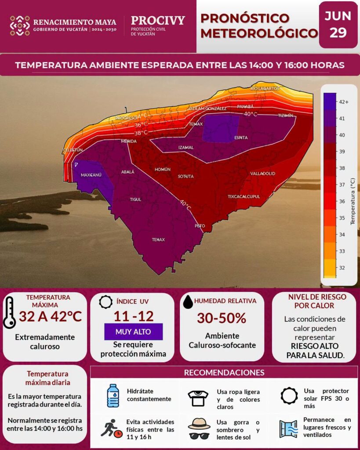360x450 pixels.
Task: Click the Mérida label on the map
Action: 129,141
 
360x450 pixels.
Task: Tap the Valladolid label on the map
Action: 263,174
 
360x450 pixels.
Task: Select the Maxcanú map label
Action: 91,175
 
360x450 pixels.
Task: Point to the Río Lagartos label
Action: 265,88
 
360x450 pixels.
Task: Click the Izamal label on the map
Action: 186,148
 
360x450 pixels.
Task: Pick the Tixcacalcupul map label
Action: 244,196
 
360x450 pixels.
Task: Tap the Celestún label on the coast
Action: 73,150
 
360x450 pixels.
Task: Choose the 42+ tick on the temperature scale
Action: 344,102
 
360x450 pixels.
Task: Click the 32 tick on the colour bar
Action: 342,268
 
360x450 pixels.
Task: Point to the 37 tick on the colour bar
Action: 342,185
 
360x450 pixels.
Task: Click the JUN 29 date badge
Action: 338,25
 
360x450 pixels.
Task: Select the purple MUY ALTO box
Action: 133,332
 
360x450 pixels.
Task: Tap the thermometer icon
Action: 9,313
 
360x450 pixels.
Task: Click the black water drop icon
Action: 188,302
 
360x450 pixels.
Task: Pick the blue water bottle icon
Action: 113,396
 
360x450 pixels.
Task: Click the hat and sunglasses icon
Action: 199,428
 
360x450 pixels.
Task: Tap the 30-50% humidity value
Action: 222,318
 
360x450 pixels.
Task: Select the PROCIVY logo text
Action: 158,20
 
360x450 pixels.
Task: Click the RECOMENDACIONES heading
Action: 224,373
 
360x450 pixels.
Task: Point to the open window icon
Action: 288,429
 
